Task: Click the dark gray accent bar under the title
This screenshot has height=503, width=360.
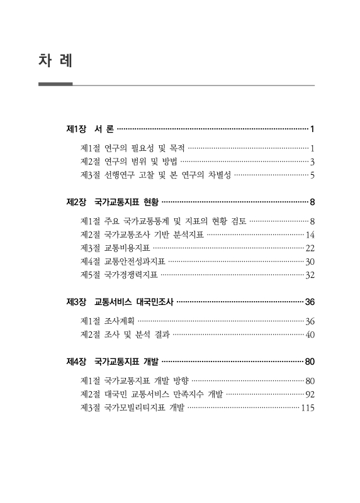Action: click(55, 84)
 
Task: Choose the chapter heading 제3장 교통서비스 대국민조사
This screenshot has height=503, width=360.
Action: click(120, 302)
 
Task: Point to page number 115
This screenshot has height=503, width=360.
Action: click(308, 407)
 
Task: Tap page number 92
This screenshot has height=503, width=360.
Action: click(310, 394)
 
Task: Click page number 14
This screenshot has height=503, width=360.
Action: click(310, 235)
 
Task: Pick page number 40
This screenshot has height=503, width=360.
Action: click(310, 334)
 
